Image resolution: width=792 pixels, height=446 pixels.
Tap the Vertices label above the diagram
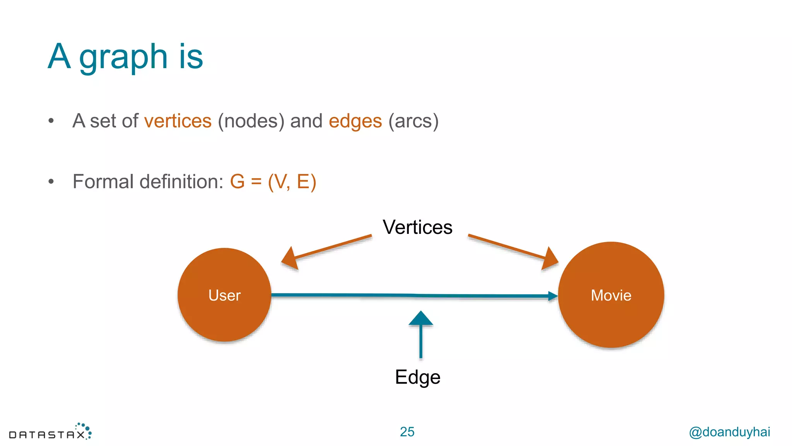(417, 227)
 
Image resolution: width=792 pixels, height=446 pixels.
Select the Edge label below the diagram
(417, 377)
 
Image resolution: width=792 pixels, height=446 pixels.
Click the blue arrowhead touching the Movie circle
(553, 297)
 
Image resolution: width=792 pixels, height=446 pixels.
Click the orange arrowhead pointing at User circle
(290, 259)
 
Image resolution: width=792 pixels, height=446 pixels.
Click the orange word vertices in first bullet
(178, 121)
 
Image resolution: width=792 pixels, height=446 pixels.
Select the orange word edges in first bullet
(355, 121)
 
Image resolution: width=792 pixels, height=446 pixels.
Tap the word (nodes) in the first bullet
(251, 121)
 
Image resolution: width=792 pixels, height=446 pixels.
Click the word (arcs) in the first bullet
(413, 121)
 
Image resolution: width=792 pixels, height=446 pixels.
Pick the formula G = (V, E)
(273, 182)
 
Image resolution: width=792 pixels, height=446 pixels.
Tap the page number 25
(407, 432)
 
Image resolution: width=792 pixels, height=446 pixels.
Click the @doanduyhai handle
(729, 432)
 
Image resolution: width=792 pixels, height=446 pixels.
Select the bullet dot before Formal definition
(51, 182)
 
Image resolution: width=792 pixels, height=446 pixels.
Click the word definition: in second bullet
(182, 182)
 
